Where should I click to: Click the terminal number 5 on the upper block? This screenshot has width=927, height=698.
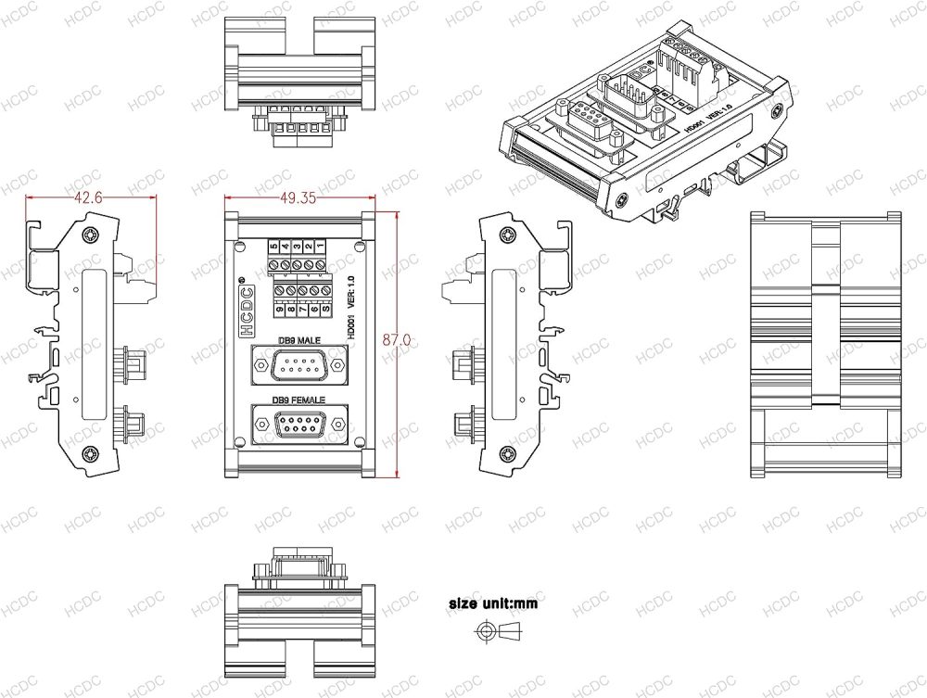coord(273,247)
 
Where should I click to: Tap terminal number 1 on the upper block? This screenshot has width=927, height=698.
coord(319,247)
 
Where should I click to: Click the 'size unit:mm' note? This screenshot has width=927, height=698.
coord(492,603)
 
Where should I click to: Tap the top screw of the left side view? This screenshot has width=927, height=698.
coord(90,235)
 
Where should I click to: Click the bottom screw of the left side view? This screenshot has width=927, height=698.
coord(90,453)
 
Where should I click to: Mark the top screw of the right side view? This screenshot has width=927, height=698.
coord(508,235)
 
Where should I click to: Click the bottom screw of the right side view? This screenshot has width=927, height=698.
coord(508,453)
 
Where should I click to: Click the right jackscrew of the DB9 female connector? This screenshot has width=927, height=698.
coord(340,425)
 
